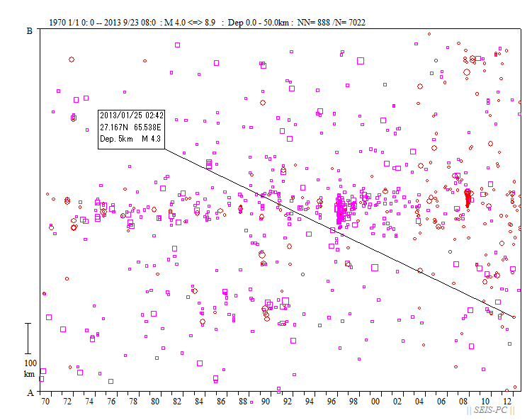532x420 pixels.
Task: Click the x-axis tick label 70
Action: (x=45, y=402)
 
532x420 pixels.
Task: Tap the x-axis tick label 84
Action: (x=200, y=402)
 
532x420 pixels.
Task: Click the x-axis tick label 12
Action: (x=508, y=402)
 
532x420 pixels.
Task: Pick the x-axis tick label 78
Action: (x=133, y=402)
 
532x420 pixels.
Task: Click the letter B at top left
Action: (x=30, y=31)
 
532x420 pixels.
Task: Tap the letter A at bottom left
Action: (x=30, y=392)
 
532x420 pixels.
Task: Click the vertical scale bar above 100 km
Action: (x=28, y=338)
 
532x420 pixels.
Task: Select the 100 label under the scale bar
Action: (x=30, y=363)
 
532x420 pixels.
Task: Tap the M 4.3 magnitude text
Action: (x=151, y=139)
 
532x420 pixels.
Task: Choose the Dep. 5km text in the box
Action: (x=116, y=139)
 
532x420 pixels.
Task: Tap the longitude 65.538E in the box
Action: (x=148, y=127)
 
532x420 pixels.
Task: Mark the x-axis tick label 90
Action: (x=266, y=402)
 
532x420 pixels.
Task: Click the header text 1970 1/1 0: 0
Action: (x=70, y=23)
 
